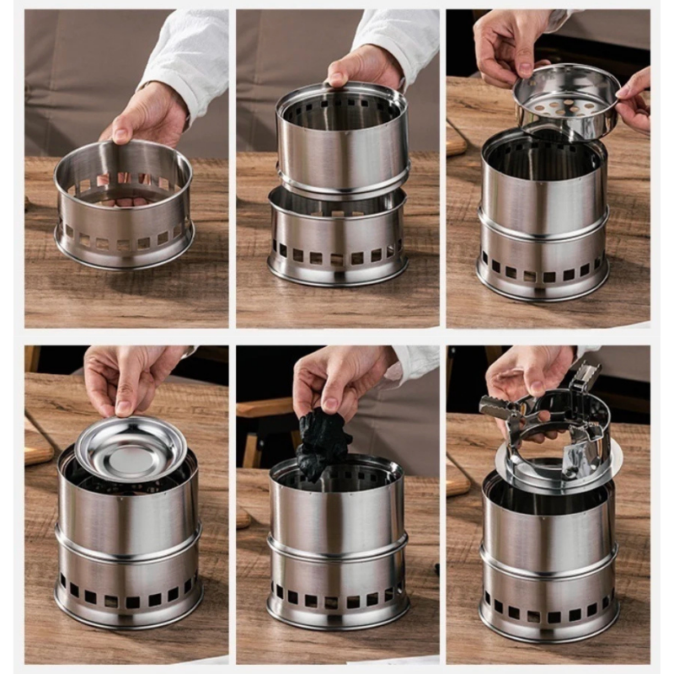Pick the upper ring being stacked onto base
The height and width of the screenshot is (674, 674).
(x=341, y=143)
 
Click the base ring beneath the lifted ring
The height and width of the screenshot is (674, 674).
(x=338, y=240)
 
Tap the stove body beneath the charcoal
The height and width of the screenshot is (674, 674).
(x=337, y=548)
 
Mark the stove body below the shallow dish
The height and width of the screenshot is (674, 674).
(x=126, y=548)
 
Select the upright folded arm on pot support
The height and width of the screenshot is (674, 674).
(x=586, y=379)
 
